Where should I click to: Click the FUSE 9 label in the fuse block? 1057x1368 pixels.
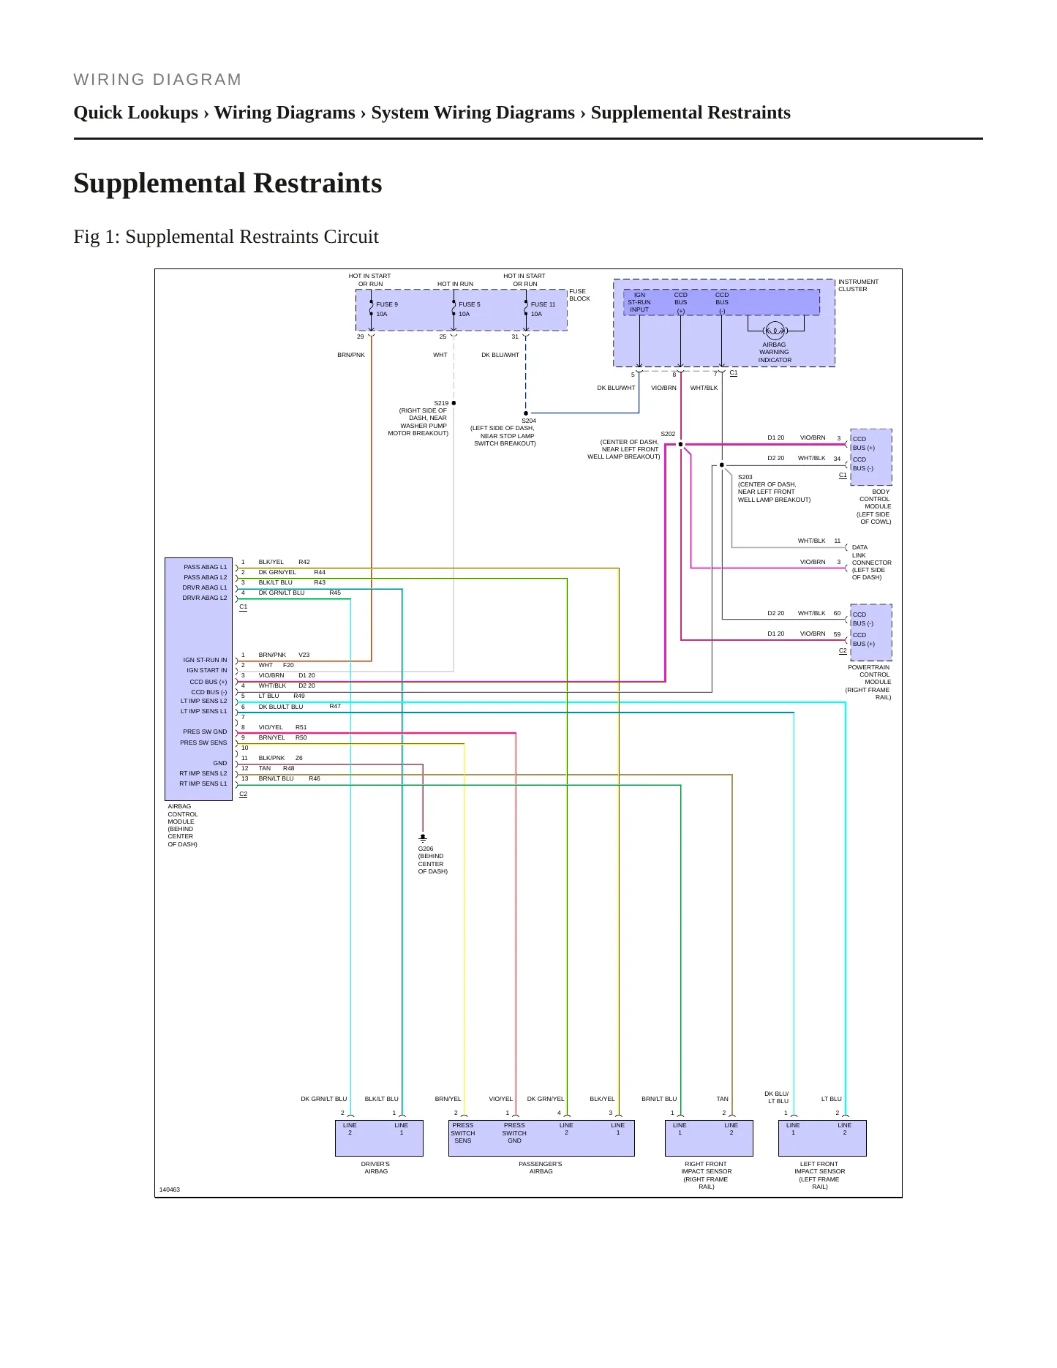pyautogui.click(x=387, y=304)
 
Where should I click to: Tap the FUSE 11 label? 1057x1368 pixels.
pyautogui.click(x=543, y=304)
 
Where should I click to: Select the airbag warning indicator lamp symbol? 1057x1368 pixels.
pyautogui.click(x=774, y=331)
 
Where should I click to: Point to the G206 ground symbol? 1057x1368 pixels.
pyautogui.click(x=423, y=838)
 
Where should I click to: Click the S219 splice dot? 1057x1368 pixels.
pyautogui.click(x=454, y=403)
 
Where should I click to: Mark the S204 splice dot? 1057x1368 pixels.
pyautogui.click(x=526, y=413)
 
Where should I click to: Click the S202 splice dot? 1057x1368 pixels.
pyautogui.click(x=680, y=444)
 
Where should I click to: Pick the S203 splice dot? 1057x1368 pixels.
pyautogui.click(x=722, y=465)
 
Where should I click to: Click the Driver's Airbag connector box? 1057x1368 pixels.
pyautogui.click(x=379, y=1138)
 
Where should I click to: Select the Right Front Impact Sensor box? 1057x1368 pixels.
pyautogui.click(x=706, y=1138)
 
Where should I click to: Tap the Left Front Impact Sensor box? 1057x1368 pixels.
pyautogui.click(x=822, y=1138)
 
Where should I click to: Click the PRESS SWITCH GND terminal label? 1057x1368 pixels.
pyautogui.click(x=514, y=1133)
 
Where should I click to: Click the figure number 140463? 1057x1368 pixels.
pyautogui.click(x=170, y=1190)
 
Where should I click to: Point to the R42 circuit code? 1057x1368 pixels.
pyautogui.click(x=304, y=562)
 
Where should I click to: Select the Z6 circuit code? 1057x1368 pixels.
pyautogui.click(x=299, y=758)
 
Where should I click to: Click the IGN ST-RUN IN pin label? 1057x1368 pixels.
pyautogui.click(x=205, y=660)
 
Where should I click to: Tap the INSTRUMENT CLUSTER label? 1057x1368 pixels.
pyautogui.click(x=858, y=285)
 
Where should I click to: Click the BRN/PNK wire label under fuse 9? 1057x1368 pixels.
pyautogui.click(x=351, y=355)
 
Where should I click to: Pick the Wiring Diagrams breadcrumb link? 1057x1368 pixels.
pyautogui.click(x=285, y=113)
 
